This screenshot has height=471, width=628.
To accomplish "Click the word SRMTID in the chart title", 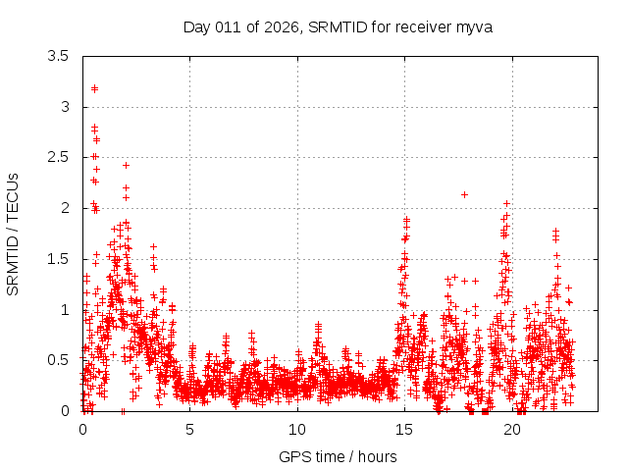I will [x=335, y=26].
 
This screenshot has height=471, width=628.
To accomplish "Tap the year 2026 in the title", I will [x=279, y=26].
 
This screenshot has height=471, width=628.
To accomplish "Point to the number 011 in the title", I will [x=228, y=26].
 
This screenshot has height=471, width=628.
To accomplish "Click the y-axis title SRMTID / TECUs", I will [x=14, y=234].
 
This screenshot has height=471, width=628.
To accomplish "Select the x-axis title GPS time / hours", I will [x=338, y=456].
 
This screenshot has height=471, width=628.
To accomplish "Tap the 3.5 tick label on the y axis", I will [x=58, y=56].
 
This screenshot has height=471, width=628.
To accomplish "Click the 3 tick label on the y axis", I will [x=64, y=107].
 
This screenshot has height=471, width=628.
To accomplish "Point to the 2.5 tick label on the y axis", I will [x=58, y=157].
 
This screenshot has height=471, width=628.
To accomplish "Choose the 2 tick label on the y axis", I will [x=64, y=208].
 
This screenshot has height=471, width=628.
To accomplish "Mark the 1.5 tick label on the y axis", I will [x=58, y=259].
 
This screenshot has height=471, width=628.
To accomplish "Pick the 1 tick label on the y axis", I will [x=64, y=310].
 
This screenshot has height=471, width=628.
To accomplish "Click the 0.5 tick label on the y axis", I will [x=58, y=360].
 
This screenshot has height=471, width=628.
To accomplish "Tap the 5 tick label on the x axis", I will [x=189, y=430].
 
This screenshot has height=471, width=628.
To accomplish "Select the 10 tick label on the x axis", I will [x=297, y=430].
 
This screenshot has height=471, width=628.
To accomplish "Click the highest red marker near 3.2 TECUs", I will [x=94, y=88].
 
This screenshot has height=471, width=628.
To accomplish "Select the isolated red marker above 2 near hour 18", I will [x=464, y=194].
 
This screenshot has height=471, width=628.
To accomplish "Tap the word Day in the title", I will [x=197, y=26].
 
